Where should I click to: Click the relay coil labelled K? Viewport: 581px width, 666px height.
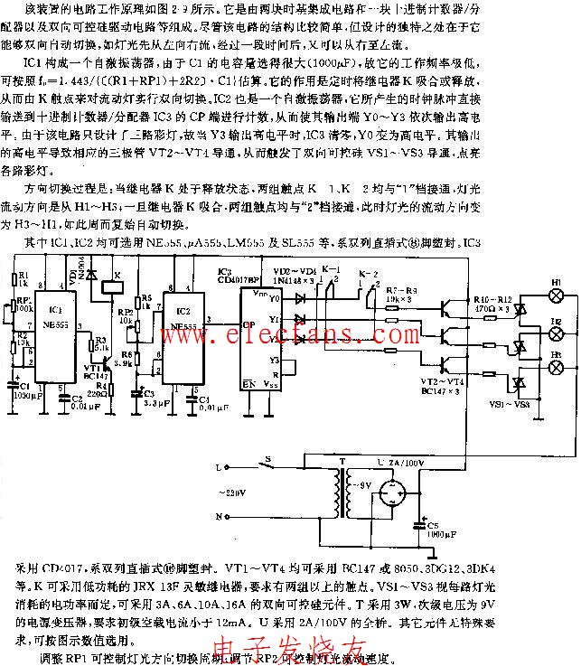point(108,287)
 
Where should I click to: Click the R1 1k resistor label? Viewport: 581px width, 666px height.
point(23,278)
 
